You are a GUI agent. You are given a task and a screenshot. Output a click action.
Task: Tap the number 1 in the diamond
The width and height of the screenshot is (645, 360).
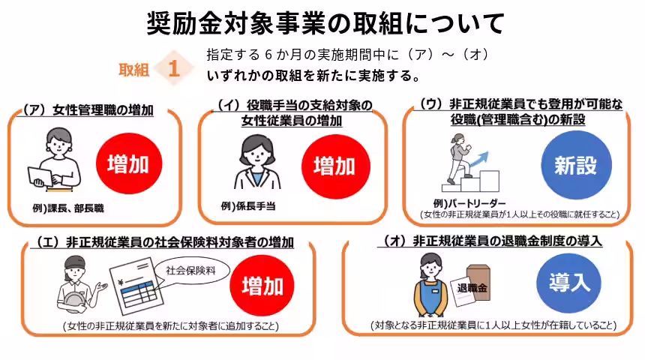[173, 69]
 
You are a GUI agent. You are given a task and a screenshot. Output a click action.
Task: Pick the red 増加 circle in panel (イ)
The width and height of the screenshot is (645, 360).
[334, 165]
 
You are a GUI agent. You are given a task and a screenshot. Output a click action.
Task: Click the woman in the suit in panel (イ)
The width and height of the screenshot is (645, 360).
[253, 165]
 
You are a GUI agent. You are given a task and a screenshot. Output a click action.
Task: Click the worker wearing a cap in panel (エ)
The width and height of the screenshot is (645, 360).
[75, 283]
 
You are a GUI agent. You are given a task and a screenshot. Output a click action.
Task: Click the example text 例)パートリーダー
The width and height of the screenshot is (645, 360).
[469, 203]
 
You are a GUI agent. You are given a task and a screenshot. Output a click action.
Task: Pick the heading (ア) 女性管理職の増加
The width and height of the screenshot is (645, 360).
[88, 109]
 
